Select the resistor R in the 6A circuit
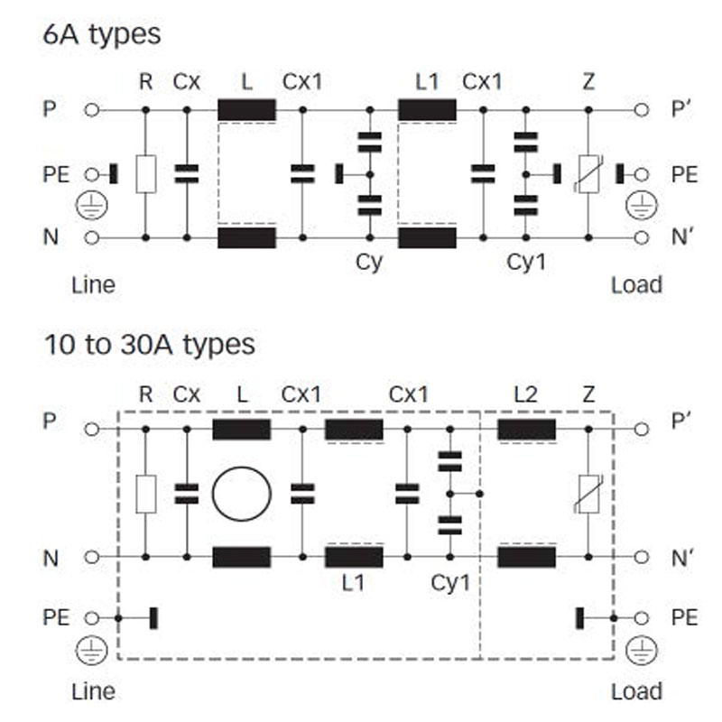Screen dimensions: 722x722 146,173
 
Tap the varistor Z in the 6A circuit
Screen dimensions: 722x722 588,173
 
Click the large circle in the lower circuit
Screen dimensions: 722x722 241,493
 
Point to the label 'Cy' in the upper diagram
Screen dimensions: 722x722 369,263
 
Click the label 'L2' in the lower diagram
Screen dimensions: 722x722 526,394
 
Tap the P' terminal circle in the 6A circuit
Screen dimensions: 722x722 641,110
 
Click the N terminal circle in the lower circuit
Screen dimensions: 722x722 90,557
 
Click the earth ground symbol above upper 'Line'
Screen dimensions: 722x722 88,206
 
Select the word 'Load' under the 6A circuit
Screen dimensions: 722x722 636,285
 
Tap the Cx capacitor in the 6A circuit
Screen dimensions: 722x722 186,173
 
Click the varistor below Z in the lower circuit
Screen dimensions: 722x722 588,493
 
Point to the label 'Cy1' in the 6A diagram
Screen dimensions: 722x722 525,263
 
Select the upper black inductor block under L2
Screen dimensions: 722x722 526,429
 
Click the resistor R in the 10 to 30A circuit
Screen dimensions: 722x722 145,493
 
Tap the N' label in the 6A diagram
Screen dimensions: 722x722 684,238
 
